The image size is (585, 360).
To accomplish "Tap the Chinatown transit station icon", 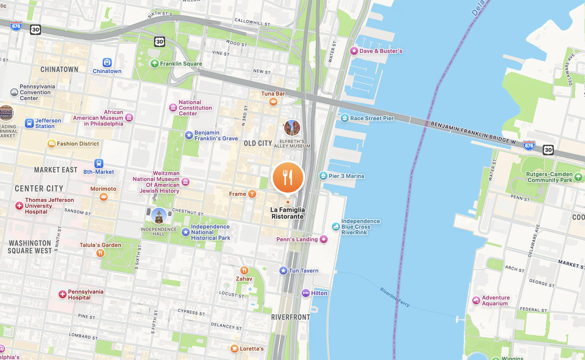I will [x=107, y=62].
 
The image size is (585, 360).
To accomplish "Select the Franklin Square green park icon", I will [x=154, y=63].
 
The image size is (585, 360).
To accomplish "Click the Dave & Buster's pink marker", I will [x=354, y=51].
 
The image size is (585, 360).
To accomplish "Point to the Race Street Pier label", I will [x=371, y=118].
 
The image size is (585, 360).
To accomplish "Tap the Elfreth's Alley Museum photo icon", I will [x=292, y=128].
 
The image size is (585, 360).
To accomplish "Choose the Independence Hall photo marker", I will [x=159, y=216].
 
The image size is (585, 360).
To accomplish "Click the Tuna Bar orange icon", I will [x=273, y=101].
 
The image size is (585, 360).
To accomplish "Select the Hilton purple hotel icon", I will [x=305, y=293].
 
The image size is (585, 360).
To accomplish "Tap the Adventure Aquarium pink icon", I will [x=476, y=300].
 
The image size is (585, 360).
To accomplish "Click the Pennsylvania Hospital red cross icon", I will [x=62, y=295].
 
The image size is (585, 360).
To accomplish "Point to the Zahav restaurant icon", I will [x=244, y=270].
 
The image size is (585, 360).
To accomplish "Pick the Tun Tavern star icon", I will [x=283, y=271].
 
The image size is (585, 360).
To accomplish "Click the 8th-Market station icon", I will [x=98, y=163].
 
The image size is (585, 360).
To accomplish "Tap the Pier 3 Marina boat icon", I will [x=323, y=176].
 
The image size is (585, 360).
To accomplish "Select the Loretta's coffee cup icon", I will [x=234, y=348].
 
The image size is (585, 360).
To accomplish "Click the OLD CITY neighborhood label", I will [x=258, y=143].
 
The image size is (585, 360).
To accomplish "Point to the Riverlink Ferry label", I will [x=394, y=297].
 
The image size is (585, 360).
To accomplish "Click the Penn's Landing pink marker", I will [x=324, y=239].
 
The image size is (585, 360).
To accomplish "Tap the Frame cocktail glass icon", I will [x=252, y=194].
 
